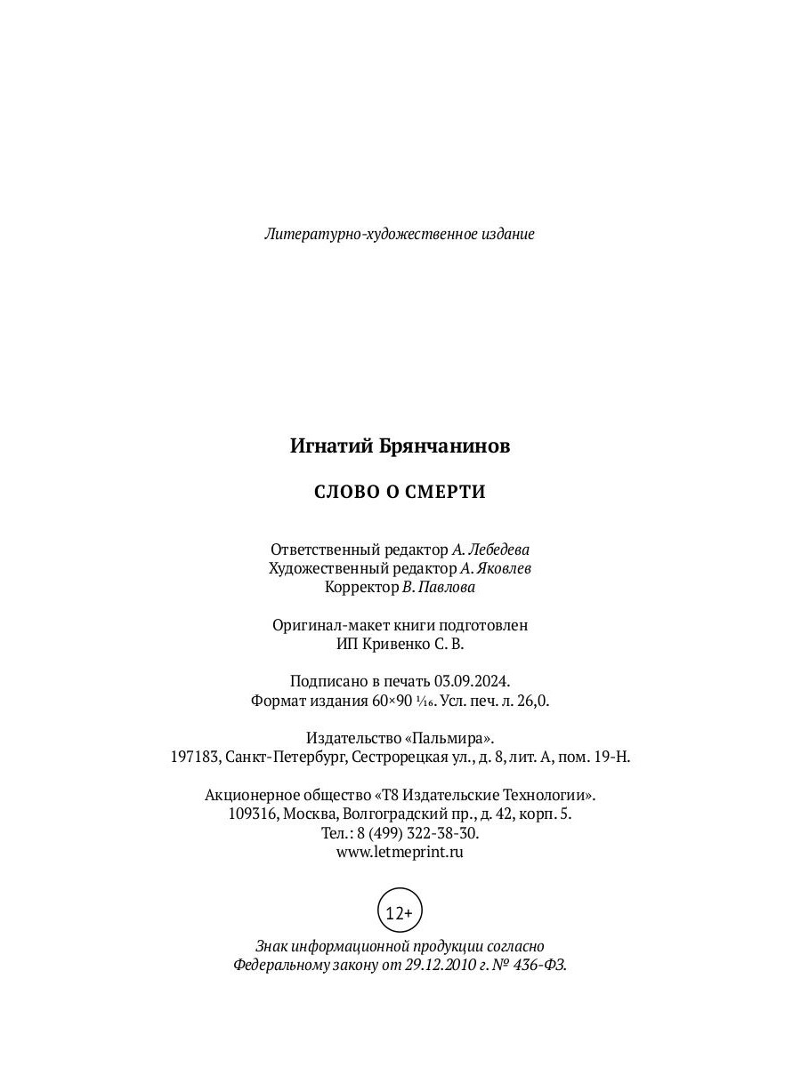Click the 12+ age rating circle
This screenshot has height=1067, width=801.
click(x=400, y=912)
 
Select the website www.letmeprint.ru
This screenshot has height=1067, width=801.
click(x=400, y=851)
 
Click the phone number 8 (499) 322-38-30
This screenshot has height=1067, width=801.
click(x=417, y=832)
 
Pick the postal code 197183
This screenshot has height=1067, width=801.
click(x=195, y=758)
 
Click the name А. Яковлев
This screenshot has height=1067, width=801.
click(x=496, y=568)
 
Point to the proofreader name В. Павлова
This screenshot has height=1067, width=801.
click(x=439, y=587)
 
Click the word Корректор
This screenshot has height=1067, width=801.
click(x=361, y=587)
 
